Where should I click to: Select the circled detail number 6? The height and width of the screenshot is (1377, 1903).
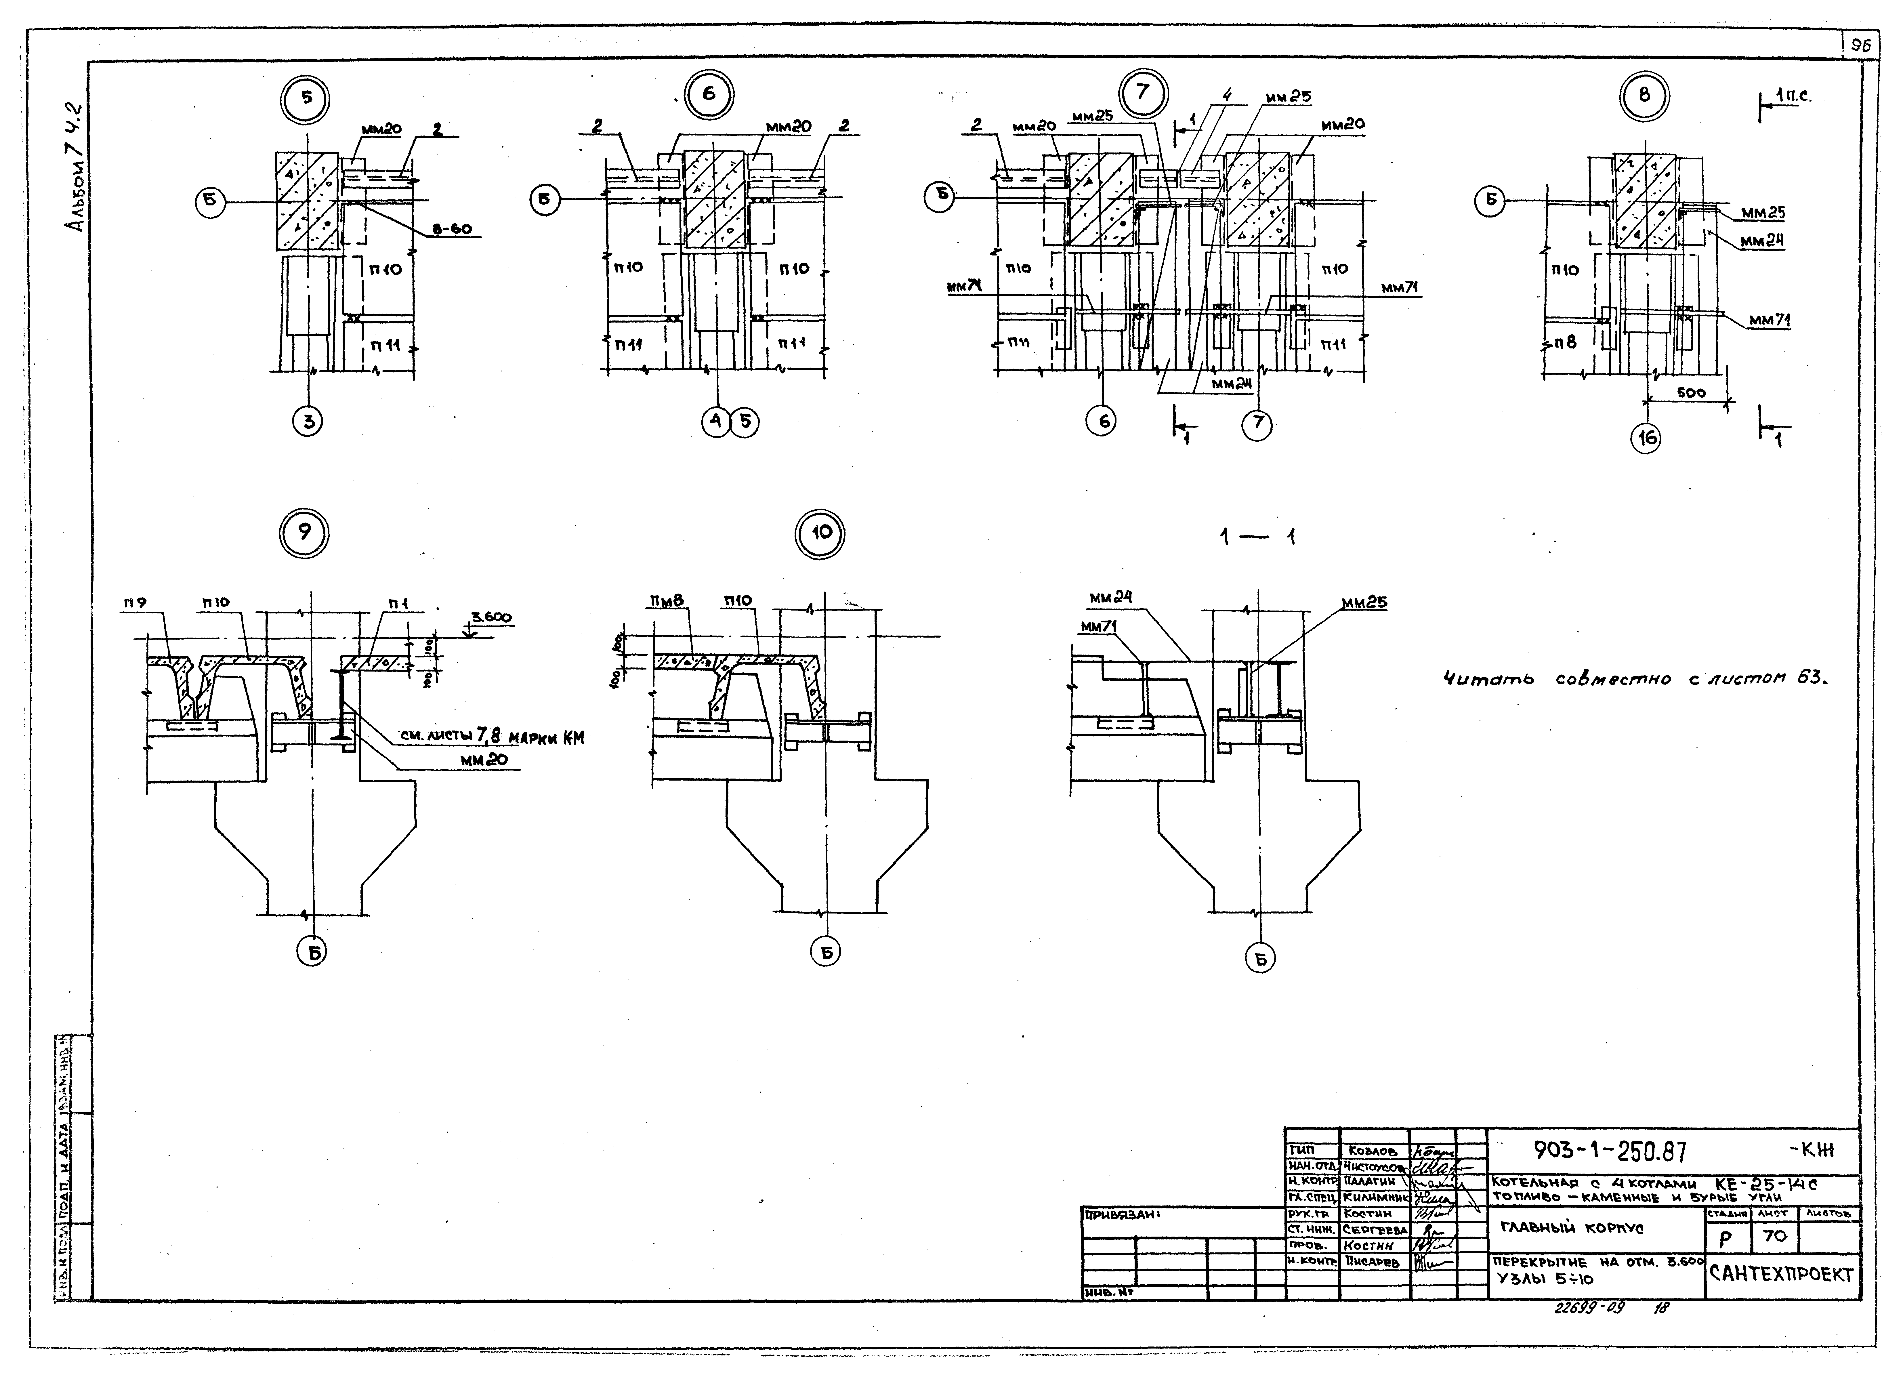pos(709,93)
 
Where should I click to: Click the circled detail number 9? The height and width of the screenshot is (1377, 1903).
pos(305,534)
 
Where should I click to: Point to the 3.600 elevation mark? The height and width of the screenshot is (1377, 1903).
pos(491,618)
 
